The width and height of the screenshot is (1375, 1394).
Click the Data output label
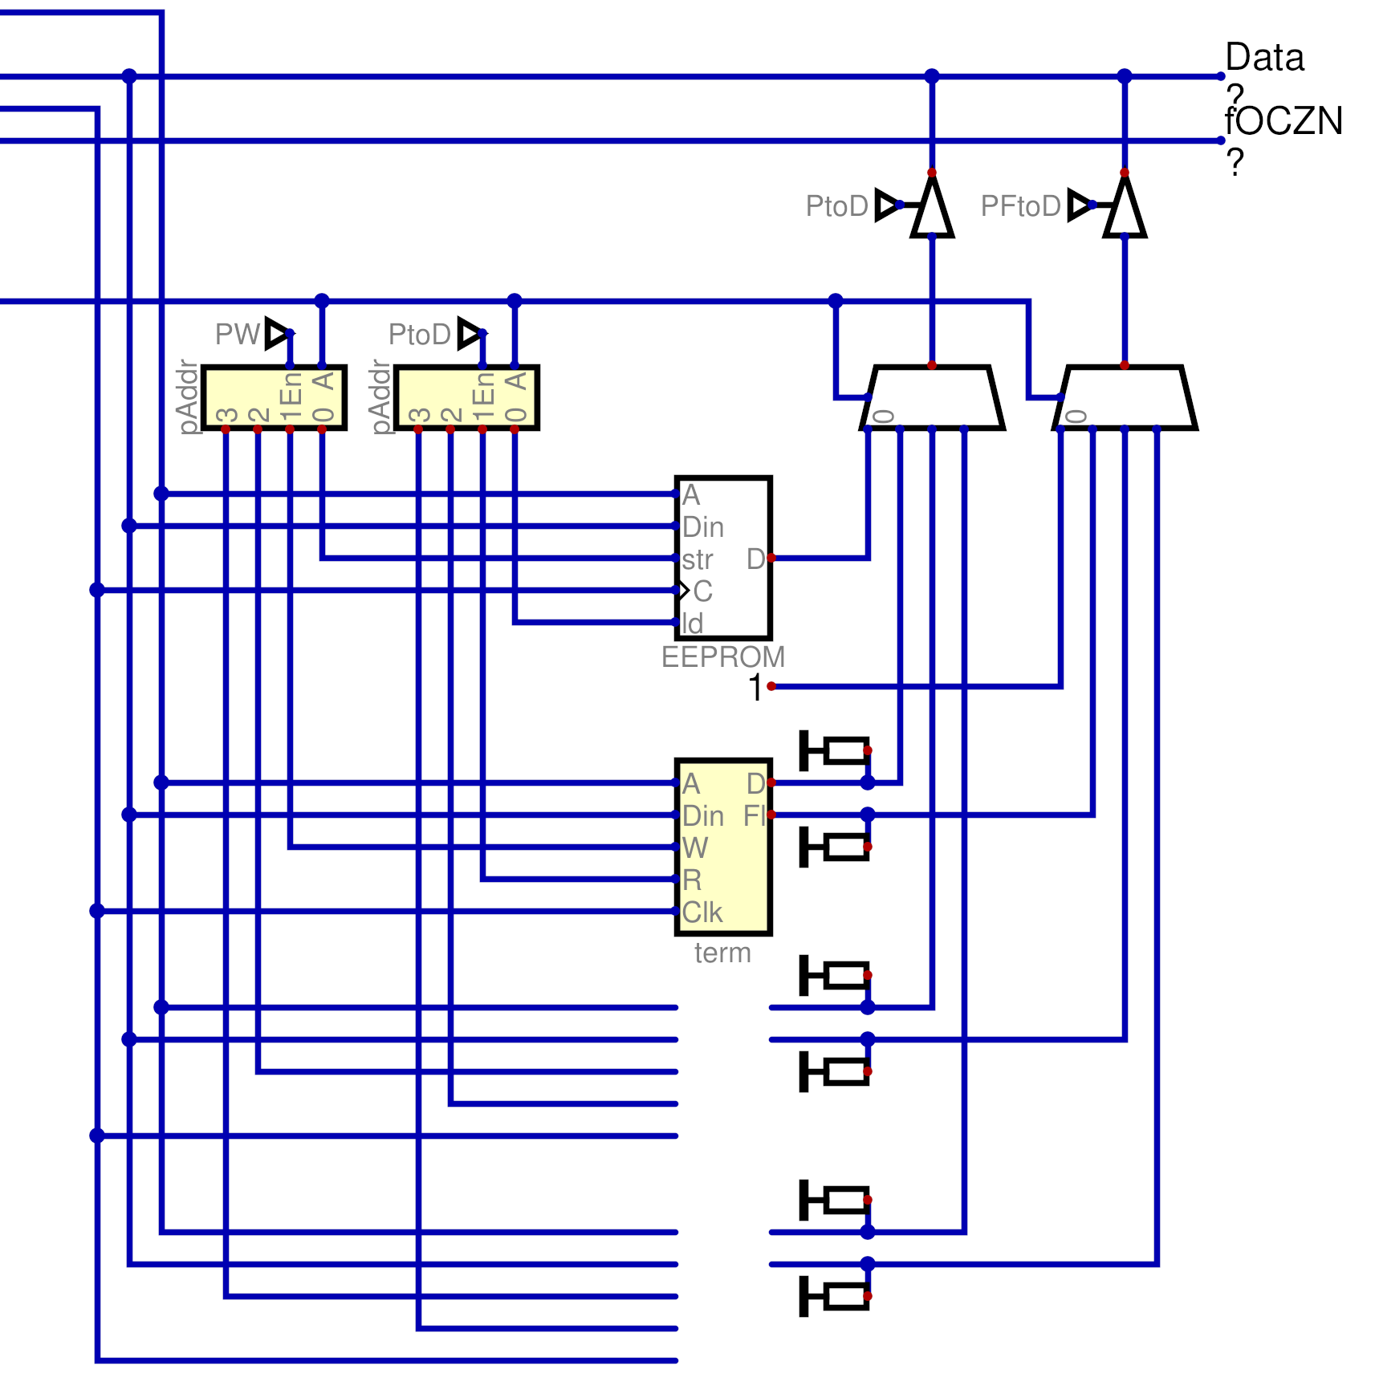1264,59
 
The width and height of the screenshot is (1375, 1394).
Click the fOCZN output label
1283,122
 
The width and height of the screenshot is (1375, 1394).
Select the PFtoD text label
1020,206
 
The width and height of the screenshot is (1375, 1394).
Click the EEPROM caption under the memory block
722,657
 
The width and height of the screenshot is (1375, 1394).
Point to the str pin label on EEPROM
697,559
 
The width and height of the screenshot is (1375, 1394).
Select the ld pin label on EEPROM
692,624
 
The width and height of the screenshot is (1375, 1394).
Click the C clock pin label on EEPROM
702,591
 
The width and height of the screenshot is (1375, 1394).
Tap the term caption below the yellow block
722,953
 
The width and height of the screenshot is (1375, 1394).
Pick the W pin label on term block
694,848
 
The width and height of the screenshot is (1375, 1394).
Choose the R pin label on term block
692,880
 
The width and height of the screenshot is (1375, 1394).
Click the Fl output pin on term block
755,816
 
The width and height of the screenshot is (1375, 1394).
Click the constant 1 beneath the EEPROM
755,688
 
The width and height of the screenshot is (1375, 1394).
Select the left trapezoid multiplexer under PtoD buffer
932,398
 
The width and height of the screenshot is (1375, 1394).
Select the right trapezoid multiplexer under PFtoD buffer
1125,398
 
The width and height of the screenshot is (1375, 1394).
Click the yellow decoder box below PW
274,398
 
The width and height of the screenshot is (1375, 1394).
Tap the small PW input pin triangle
277,333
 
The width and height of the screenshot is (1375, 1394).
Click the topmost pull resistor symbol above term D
836,751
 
